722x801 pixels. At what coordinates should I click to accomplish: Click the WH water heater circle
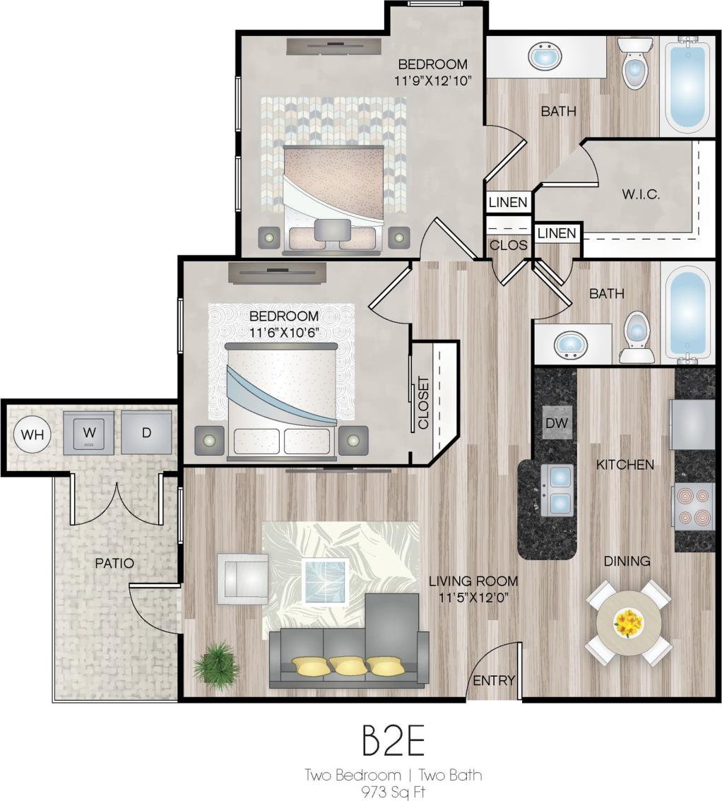tap(31, 434)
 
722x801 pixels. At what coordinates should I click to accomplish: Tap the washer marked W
tap(88, 433)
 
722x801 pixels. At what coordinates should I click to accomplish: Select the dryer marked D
tap(146, 433)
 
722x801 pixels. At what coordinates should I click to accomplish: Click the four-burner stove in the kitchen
tap(694, 506)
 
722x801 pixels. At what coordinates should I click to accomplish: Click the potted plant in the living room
tap(215, 665)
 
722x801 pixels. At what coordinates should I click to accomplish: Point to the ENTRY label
tap(494, 680)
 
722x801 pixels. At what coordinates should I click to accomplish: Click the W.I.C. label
tap(641, 194)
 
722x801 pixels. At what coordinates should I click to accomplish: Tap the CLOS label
tap(509, 244)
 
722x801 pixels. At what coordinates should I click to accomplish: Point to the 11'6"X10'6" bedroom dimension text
tap(284, 331)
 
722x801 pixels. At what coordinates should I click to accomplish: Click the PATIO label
tap(114, 563)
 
